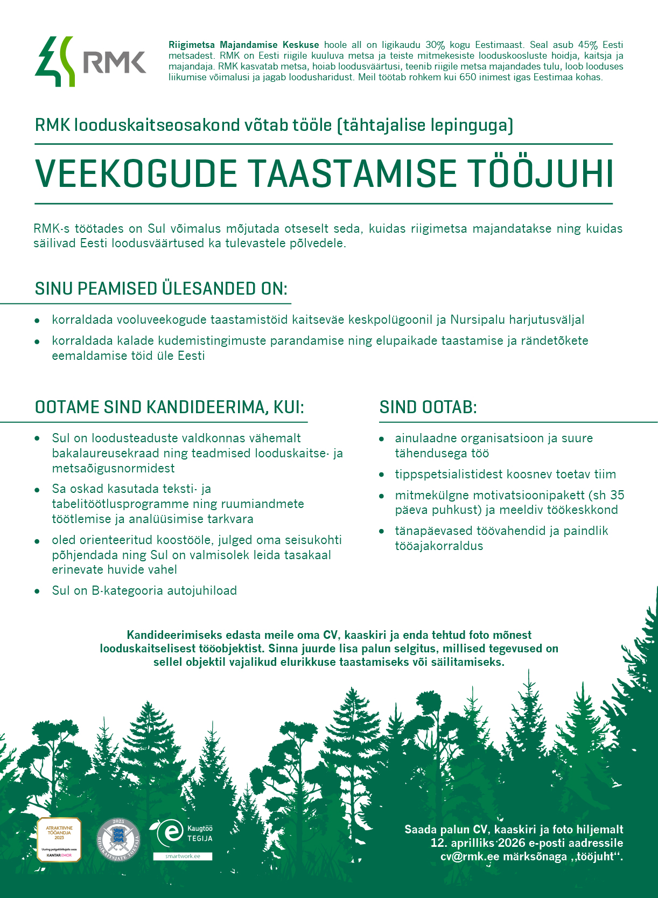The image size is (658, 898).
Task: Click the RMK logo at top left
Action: [90, 62]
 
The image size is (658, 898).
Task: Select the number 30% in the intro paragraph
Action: [435, 45]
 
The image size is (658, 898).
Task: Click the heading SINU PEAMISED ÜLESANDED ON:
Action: [161, 289]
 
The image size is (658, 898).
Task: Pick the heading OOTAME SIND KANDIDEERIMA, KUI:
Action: [170, 407]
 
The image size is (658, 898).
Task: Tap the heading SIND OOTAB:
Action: [428, 407]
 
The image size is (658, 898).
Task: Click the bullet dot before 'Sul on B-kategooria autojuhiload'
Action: [37, 591]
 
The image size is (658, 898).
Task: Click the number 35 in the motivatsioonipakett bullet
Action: [617, 495]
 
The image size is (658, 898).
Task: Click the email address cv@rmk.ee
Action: [470, 857]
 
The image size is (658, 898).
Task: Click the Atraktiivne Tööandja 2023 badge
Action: [59, 839]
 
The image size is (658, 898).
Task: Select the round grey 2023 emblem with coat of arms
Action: [118, 839]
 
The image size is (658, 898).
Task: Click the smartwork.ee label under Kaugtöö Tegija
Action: [183, 856]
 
